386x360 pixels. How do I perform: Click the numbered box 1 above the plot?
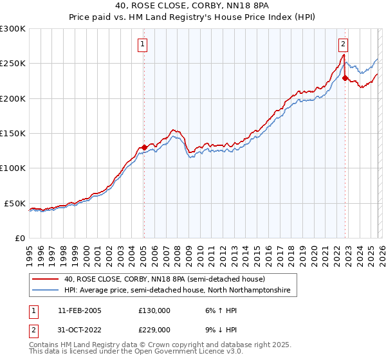pos(142,44)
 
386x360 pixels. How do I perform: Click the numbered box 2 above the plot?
pos(344,44)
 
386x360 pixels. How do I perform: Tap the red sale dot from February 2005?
pos(143,147)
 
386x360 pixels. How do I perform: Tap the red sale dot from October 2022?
pos(345,78)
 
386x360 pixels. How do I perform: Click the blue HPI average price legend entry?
pos(178,291)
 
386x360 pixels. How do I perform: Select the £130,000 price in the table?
pos(154,310)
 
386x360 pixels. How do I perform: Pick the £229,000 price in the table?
pos(154,329)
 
